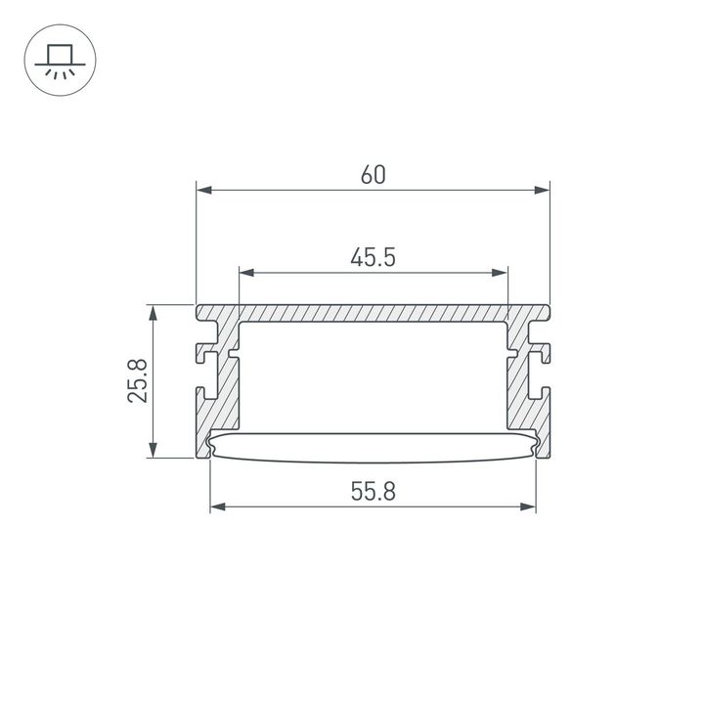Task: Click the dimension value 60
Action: (x=373, y=175)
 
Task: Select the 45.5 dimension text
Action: (x=373, y=258)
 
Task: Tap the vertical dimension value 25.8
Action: (x=138, y=380)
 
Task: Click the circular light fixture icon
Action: (x=55, y=61)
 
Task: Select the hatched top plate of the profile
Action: (x=373, y=314)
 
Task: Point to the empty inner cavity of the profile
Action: (x=373, y=376)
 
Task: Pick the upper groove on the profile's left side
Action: (x=206, y=348)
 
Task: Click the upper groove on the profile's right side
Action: (x=540, y=348)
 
